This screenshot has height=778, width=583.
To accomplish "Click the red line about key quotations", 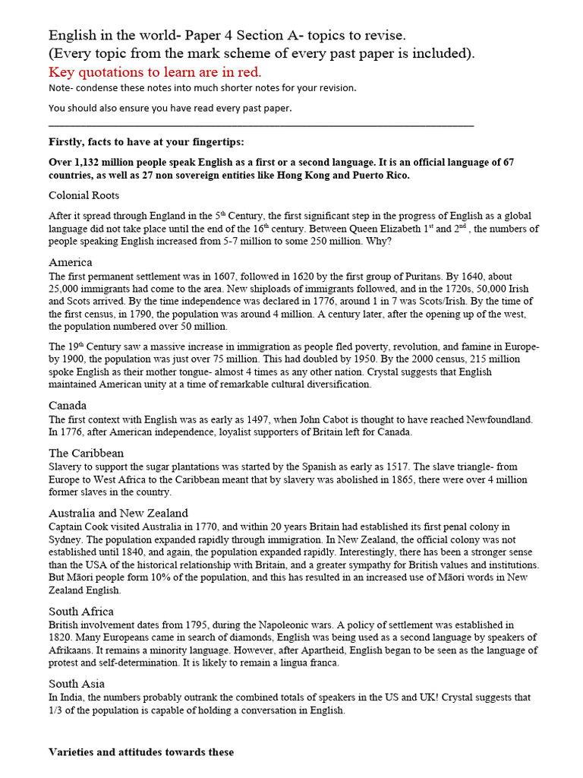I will click(155, 72).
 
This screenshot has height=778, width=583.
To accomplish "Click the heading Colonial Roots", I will click(84, 195).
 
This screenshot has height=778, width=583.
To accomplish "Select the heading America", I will click(71, 262).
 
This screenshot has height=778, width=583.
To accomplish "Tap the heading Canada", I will click(68, 405).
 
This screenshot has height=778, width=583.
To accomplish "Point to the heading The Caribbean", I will click(86, 453).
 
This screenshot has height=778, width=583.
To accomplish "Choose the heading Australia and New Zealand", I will click(118, 513).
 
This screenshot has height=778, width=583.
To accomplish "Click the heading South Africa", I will click(81, 611).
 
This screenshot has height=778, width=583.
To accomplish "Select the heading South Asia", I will click(77, 683).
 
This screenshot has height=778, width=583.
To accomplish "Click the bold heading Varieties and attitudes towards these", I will click(141, 752).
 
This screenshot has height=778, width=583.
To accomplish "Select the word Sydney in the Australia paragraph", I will click(66, 540).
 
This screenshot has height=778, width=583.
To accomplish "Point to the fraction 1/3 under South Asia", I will click(57, 710).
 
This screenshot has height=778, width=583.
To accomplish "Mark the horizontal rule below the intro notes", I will click(261, 125).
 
